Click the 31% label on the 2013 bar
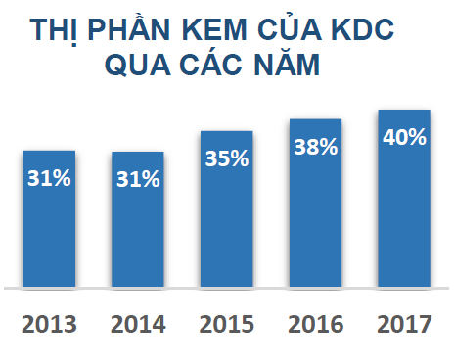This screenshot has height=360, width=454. tap(49, 178)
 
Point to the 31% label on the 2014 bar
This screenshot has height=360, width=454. tap(138, 179)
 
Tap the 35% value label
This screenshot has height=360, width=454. tap(227, 158)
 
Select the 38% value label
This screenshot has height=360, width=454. tap(315, 148)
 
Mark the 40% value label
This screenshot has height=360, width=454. tap(404, 137)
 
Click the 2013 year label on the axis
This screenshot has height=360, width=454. tap(49, 323)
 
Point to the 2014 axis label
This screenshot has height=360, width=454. tap(138, 323)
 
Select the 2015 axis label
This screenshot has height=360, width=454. tap(227, 323)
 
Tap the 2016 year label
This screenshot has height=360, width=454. tap(315, 323)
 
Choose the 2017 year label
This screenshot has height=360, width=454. tap(404, 323)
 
